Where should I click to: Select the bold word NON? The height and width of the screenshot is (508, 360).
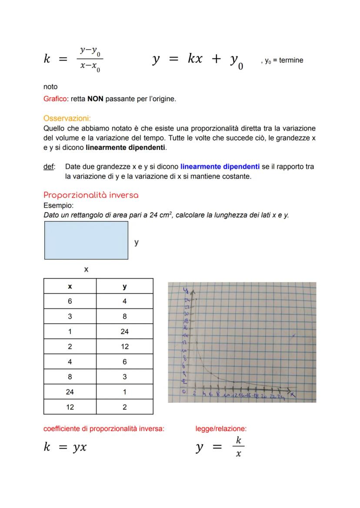pos(95,99)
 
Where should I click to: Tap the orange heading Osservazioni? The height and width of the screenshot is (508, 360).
pos(67,118)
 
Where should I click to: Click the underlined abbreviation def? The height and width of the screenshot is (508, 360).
pos(49,166)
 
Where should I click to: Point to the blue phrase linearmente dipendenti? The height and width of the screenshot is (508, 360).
pos(220,166)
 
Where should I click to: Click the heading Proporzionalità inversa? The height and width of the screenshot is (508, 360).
pos(91,195)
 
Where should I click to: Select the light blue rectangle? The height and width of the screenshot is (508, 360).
pos(86,240)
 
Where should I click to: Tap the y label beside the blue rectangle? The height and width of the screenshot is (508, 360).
pos(137,242)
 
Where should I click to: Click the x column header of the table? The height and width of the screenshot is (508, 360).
pos(70,286)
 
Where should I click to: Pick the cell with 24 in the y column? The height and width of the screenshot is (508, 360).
pos(124,332)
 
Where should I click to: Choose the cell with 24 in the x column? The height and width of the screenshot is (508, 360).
pos(70,392)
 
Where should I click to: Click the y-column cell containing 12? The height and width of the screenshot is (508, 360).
pos(124,347)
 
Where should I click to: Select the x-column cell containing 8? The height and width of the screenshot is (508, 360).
pos(70,377)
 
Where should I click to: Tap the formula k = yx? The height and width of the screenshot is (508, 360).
pos(65,447)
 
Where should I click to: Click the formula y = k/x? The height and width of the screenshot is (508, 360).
pos(220,447)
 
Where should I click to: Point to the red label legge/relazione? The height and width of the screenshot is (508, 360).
pos(221,429)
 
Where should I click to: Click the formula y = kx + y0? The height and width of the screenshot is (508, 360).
pos(198,60)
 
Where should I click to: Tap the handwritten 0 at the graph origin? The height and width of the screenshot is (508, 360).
pos(184,392)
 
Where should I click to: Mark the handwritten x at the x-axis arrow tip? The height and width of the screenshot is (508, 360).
pos(293,394)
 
